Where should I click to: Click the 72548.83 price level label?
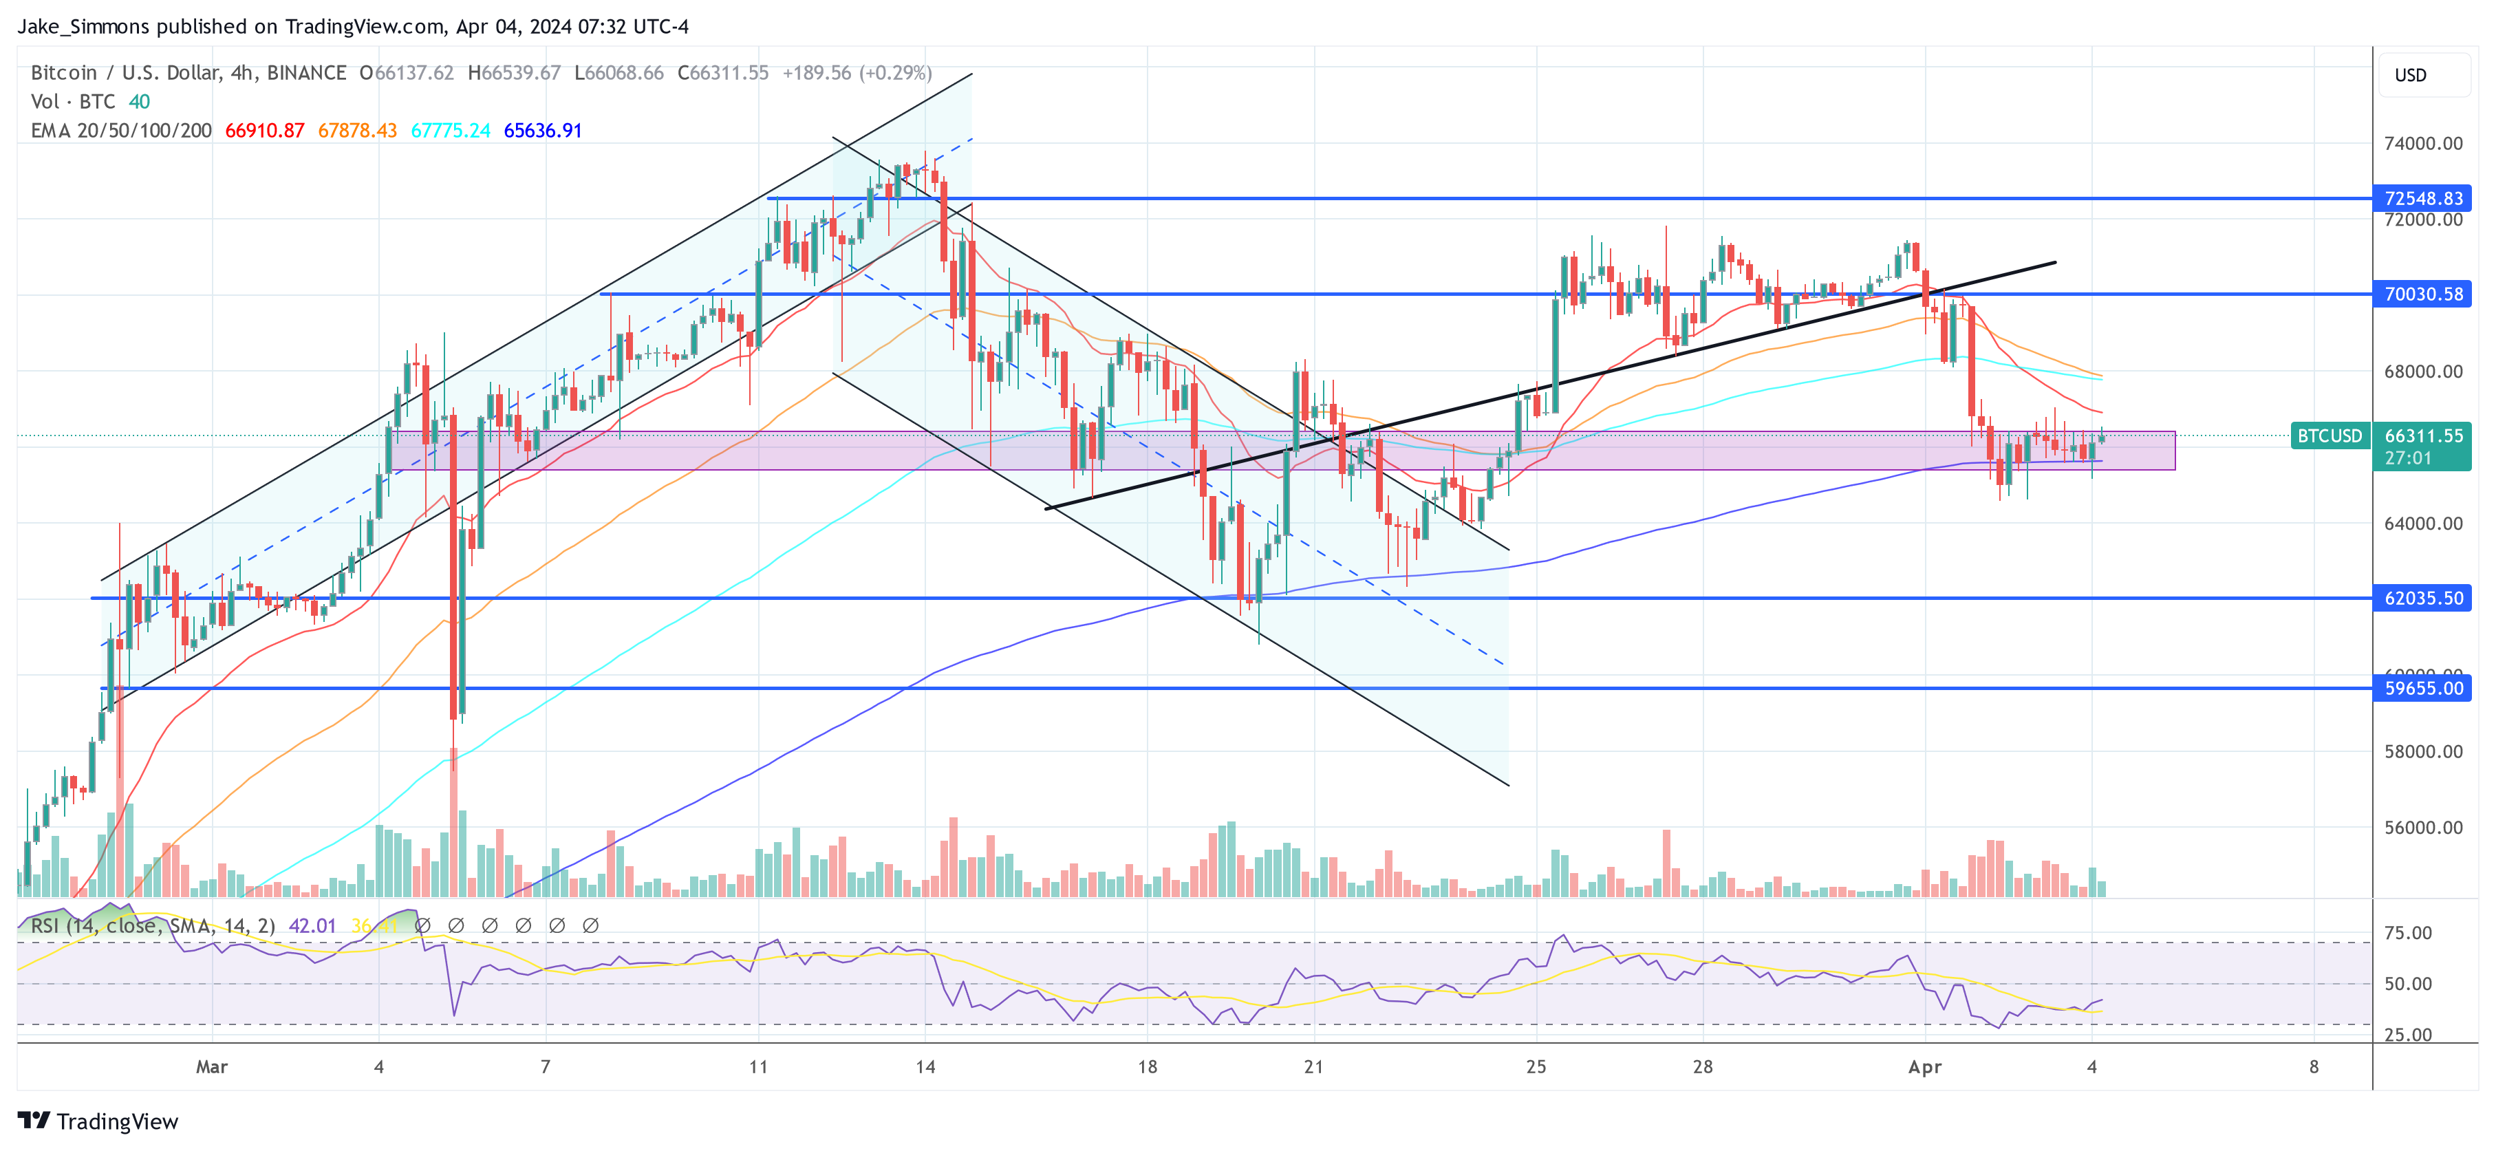[x=2422, y=199]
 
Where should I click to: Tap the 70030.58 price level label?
[x=2422, y=294]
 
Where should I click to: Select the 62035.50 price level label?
[x=2422, y=599]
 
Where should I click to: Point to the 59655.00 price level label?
[x=2422, y=689]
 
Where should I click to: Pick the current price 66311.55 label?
[x=2422, y=436]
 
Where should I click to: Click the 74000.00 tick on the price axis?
[x=2422, y=143]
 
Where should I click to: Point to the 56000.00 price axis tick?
[x=2422, y=828]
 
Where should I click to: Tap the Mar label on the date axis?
[x=211, y=1066]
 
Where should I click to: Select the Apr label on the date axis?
[x=1924, y=1066]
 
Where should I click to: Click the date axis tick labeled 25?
[x=1536, y=1066]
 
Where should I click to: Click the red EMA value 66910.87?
[x=264, y=131]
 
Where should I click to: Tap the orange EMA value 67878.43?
[x=358, y=131]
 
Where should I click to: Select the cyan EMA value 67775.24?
[x=451, y=131]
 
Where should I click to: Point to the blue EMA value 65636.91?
[x=543, y=131]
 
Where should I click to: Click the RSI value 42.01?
[x=312, y=926]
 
